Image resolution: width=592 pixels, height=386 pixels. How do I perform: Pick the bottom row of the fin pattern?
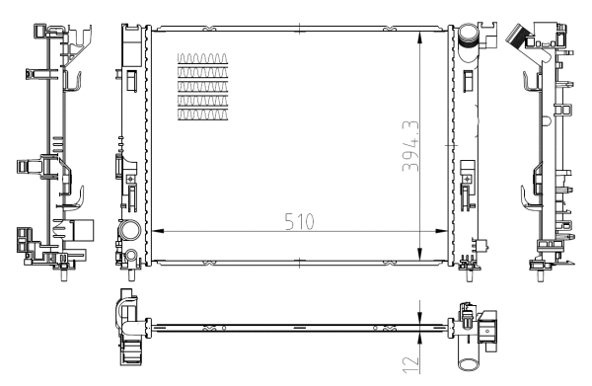[x=202, y=115]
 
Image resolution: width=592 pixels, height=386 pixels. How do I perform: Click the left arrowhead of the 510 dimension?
[x=156, y=231]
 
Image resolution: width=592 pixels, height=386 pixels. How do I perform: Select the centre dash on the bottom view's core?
[x=299, y=326]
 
